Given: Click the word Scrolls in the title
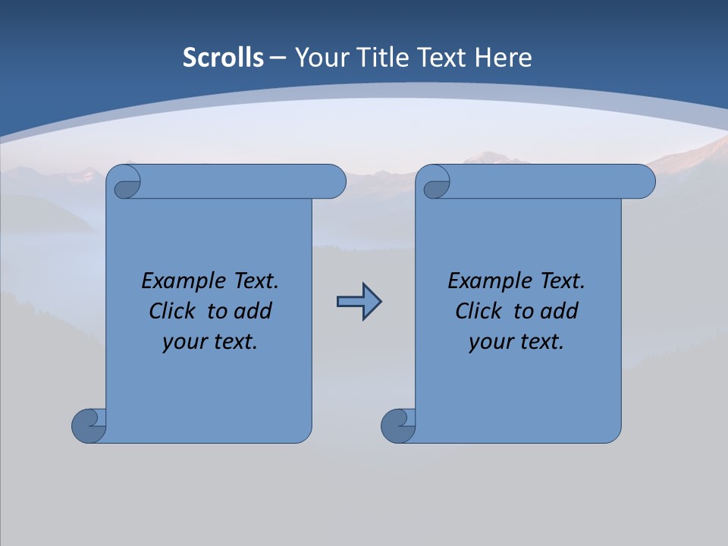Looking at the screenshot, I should click(223, 58).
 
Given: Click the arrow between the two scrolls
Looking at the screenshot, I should click(359, 302).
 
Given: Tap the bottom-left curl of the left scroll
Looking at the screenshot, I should click(89, 425).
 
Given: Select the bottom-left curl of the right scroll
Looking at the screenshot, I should click(398, 425).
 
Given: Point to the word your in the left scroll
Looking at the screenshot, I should click(184, 343).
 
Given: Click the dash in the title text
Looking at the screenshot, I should click(278, 58).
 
